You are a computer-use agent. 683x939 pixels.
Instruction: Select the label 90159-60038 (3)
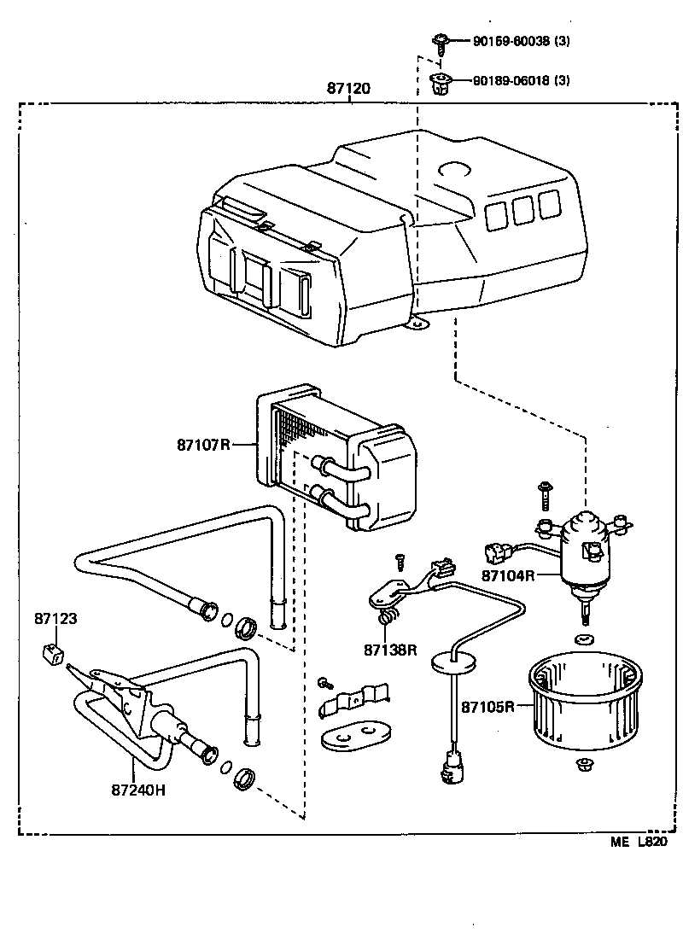(x=522, y=40)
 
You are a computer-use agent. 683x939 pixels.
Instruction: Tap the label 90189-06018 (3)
(x=522, y=81)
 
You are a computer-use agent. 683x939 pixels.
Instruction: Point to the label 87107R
(x=204, y=445)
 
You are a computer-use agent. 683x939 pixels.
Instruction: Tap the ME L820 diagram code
(x=638, y=843)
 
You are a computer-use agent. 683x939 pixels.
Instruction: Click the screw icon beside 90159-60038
(x=441, y=41)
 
